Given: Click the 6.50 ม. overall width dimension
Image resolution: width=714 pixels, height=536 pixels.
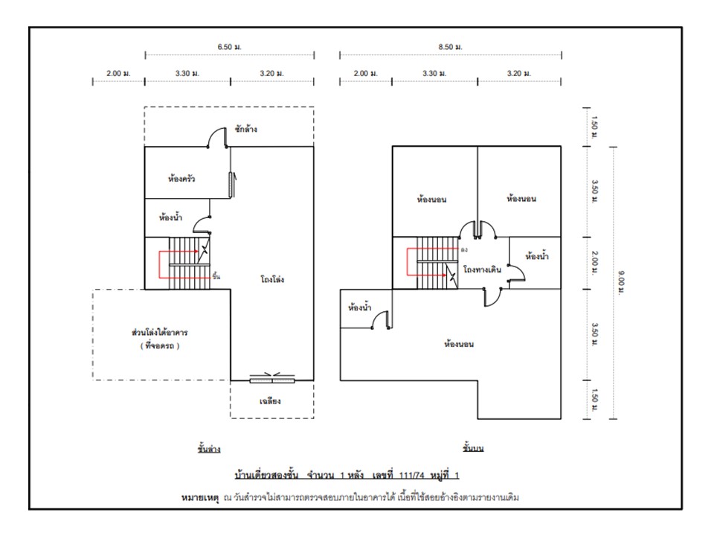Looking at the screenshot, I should (230, 47).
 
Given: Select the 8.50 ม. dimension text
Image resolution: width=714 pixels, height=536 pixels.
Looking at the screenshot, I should (451, 47).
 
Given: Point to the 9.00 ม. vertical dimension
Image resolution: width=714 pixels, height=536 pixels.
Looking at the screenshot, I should (621, 281).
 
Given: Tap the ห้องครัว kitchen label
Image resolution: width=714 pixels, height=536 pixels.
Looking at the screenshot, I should (181, 179).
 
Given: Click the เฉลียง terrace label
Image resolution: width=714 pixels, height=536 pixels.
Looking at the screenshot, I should (270, 401).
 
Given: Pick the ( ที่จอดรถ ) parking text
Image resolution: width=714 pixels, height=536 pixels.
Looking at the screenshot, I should (160, 346).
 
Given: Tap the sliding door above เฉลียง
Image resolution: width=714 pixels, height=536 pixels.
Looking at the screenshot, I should (272, 380).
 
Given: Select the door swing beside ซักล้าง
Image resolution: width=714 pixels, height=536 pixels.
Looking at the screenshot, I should (217, 138).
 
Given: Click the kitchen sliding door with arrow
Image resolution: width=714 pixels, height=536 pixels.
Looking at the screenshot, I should (231, 182).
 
